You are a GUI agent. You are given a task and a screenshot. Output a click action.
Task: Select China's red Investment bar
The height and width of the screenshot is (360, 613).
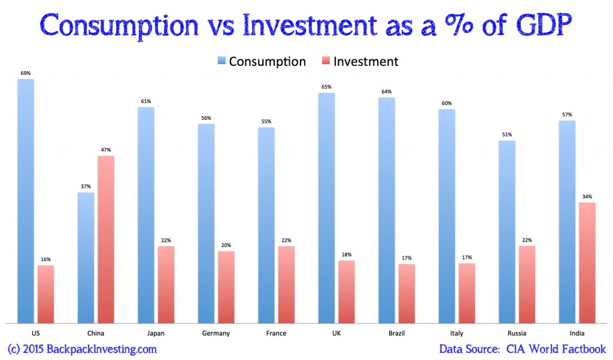pyautogui.click(x=105, y=240)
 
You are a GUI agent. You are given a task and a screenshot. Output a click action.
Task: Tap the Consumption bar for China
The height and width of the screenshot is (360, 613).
pyautogui.click(x=86, y=258)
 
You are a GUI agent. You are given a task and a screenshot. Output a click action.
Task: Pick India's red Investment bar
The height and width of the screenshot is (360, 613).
pyautogui.click(x=587, y=263)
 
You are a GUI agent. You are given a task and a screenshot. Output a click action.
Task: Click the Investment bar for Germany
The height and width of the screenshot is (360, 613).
pyautogui.click(x=226, y=288)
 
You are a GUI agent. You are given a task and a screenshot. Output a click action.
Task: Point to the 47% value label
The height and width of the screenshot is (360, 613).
pyautogui.click(x=106, y=150)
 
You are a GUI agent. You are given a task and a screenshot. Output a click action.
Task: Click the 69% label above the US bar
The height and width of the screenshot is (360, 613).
pyautogui.click(x=26, y=73)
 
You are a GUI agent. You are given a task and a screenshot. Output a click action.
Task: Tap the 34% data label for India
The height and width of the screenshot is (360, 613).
pyautogui.click(x=587, y=196)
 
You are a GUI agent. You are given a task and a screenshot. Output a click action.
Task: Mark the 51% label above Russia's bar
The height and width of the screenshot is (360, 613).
pyautogui.click(x=506, y=135)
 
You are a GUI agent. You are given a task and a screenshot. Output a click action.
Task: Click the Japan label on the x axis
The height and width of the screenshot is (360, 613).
pyautogui.click(x=156, y=333)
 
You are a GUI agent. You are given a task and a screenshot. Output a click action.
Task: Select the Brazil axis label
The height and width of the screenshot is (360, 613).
pyautogui.click(x=397, y=333)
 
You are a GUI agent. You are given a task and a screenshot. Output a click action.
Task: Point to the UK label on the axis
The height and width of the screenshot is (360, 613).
pyautogui.click(x=336, y=333)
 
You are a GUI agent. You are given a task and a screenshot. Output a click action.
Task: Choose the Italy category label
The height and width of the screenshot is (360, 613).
pyautogui.click(x=457, y=333)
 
